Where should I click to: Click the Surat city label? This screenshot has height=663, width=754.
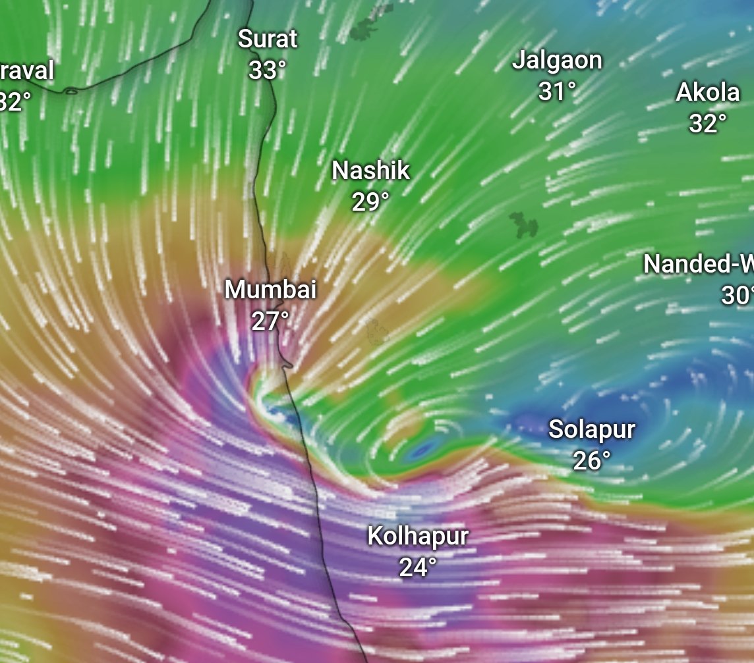(268, 39)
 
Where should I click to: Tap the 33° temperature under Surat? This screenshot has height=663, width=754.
(267, 70)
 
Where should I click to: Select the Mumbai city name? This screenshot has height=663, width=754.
(270, 290)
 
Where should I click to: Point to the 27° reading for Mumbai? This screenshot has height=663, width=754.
(270, 321)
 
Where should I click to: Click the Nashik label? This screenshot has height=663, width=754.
(370, 171)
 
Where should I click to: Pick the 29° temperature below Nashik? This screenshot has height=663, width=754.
(370, 202)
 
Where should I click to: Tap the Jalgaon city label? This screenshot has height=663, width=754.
(558, 61)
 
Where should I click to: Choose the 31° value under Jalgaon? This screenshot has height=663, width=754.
(557, 92)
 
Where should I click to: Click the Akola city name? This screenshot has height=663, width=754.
(708, 93)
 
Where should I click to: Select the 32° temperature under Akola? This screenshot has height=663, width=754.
(708, 123)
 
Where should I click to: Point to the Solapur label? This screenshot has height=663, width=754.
(592, 430)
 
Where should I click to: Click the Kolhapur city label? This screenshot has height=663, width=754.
(418, 536)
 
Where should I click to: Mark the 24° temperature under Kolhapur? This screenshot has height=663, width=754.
(418, 567)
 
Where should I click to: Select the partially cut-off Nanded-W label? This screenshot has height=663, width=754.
(699, 265)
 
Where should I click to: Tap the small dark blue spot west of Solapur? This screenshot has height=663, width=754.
(420, 450)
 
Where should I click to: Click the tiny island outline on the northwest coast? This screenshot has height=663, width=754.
(71, 92)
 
